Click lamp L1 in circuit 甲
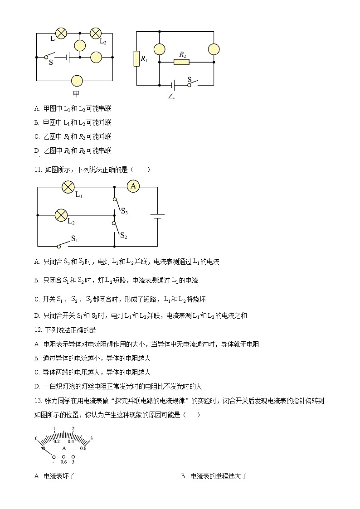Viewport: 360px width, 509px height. (x=61, y=33)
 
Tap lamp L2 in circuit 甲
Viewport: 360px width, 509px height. (x=96, y=33)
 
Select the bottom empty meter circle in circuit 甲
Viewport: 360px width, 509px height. (x=78, y=81)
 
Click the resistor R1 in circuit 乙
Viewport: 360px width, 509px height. (x=136, y=58)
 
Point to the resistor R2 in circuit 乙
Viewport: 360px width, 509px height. (x=181, y=62)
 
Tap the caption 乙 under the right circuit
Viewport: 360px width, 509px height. (x=171, y=97)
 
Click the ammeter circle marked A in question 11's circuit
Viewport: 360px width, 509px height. (x=132, y=186)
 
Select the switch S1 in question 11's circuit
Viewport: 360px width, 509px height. (x=68, y=243)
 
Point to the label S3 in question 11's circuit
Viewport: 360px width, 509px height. (x=124, y=211)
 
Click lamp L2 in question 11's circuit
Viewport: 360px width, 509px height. (x=61, y=215)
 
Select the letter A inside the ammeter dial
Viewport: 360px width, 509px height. (x=64, y=448)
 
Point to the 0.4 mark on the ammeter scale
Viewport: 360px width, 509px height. (x=71, y=441)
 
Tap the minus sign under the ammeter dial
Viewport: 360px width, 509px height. (x=54, y=462)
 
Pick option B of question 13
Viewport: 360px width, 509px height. (x=184, y=476)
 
